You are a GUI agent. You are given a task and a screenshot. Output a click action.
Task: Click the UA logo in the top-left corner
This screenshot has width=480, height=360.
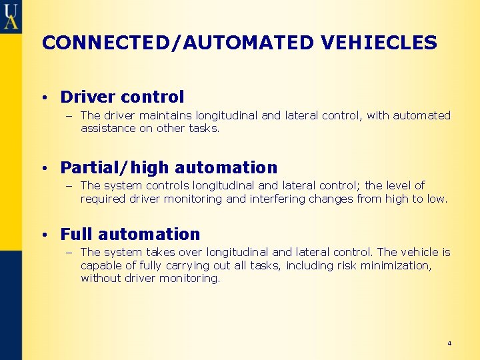11,16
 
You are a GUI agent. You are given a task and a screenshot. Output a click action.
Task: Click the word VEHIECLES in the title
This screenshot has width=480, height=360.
379,43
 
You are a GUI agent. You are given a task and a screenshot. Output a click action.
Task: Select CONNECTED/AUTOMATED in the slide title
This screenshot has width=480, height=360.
177,43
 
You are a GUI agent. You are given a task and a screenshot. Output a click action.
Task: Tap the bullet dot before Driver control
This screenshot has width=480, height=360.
43,98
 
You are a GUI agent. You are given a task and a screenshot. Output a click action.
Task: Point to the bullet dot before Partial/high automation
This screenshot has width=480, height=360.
43,168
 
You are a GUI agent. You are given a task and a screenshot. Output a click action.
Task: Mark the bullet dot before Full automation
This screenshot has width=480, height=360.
43,235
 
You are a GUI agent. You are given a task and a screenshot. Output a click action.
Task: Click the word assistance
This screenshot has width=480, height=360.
108,129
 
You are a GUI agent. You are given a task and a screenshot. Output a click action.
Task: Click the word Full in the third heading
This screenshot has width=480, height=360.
75,235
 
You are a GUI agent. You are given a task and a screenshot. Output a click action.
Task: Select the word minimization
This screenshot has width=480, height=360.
397,265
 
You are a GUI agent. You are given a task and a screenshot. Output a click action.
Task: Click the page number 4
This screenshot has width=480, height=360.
449,343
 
